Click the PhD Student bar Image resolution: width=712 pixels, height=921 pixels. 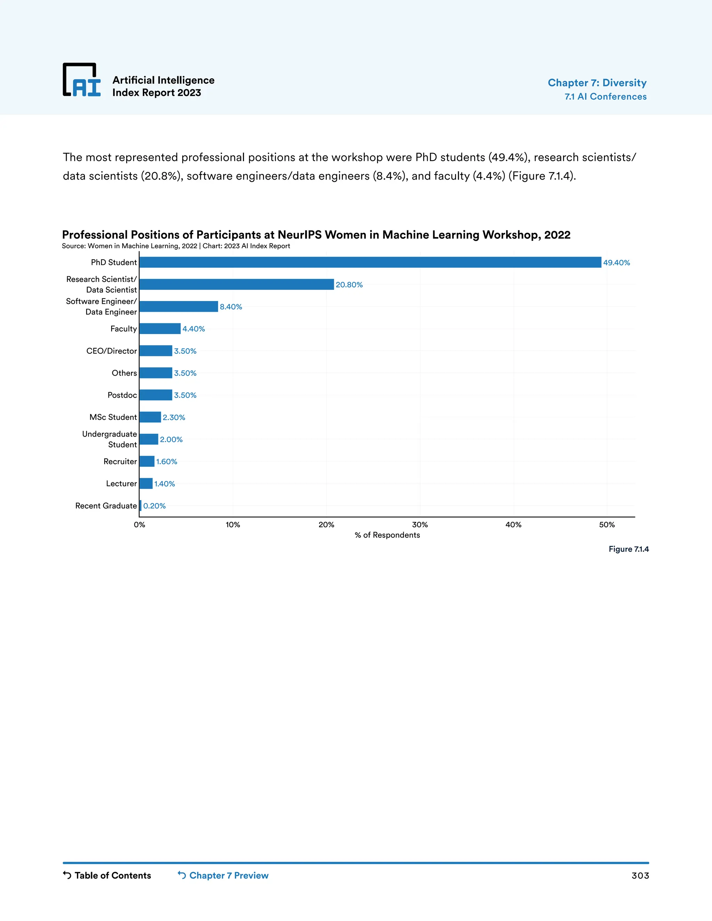pos(370,262)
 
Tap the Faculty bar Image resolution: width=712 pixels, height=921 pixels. pos(160,328)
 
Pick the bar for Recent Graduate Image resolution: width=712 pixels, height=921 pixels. pos(140,506)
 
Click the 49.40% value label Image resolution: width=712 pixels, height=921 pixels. pos(616,263)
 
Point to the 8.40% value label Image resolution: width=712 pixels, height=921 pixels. pos(231,307)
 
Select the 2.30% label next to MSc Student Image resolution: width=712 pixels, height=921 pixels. pos(174,417)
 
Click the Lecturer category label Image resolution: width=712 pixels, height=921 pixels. pos(121,484)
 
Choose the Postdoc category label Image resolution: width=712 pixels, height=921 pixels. pos(122,395)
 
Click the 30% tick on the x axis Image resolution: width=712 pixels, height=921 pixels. pos(420,524)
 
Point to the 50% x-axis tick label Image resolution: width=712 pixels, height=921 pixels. pos(607,524)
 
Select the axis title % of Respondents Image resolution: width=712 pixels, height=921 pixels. pos(387,535)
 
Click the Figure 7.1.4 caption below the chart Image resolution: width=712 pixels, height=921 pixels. pos(629,549)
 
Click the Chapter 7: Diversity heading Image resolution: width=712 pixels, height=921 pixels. pos(597,83)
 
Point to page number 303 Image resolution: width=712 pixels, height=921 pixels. pos(640,876)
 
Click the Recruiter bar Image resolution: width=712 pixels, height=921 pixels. pos(147,461)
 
